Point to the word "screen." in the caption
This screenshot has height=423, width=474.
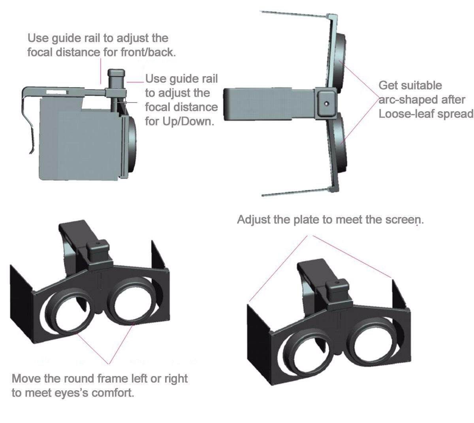(x=405, y=220)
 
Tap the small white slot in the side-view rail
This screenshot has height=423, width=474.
(x=57, y=92)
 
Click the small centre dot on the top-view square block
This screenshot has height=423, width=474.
(x=326, y=103)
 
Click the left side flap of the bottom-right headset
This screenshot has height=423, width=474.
(x=259, y=339)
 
